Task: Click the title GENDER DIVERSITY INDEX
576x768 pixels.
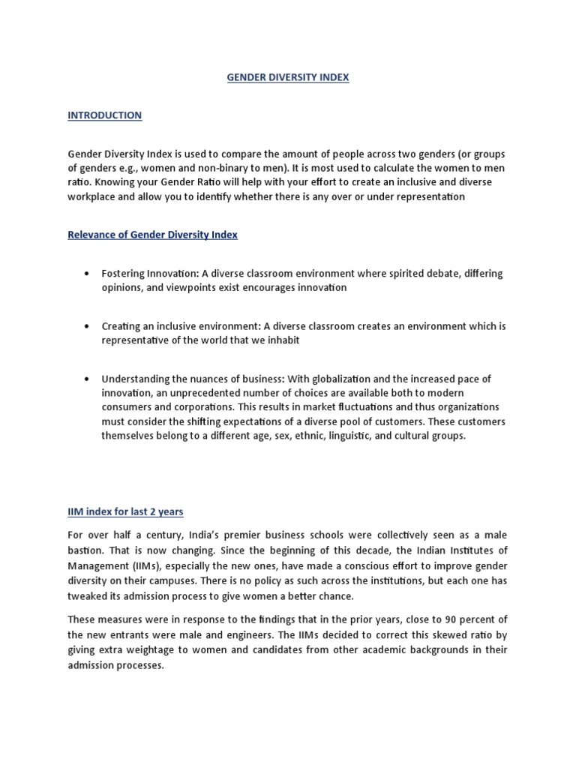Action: (x=288, y=77)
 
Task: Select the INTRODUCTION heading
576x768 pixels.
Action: (x=104, y=115)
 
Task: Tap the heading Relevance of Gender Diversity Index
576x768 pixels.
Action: (x=152, y=235)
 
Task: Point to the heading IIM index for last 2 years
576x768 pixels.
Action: (x=125, y=511)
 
